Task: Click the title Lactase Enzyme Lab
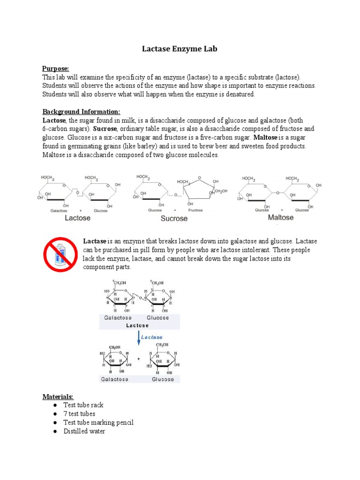coord(180,49)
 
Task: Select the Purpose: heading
coord(56,68)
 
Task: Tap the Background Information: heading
coord(81,112)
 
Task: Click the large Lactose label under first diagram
coord(77,218)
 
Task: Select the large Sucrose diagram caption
coord(174,218)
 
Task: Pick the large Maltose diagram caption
coord(281,217)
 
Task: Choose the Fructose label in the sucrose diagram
coord(195,210)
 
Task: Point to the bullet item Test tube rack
coord(83,405)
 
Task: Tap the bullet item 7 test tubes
coord(79,414)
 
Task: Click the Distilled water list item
coord(84,431)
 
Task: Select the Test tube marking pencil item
coord(98,422)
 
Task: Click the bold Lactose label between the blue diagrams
coord(137,325)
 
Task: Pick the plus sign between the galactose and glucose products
coord(139,359)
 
